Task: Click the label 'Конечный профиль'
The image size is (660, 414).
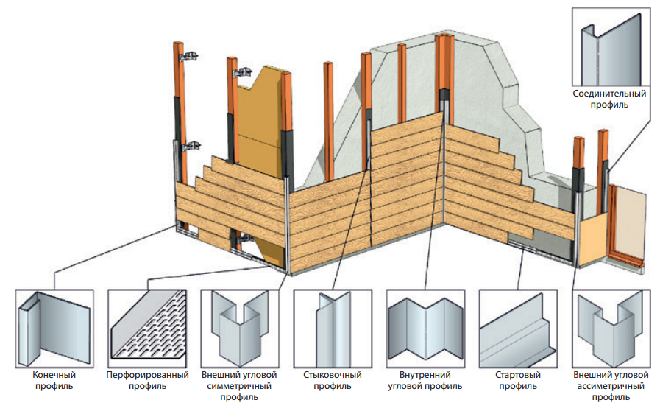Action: coord(54,380)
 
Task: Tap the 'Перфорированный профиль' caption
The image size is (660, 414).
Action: coord(147,380)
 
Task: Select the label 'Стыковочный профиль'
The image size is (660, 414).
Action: coord(332,380)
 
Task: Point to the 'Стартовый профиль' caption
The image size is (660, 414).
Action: coord(518,380)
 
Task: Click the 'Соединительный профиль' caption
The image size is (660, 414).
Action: coord(609,99)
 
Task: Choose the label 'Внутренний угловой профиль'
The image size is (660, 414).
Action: coord(425,380)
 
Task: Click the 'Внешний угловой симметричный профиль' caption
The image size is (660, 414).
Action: coord(239,386)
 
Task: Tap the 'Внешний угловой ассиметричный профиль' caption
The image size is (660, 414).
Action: coord(611,386)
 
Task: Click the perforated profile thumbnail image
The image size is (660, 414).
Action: coord(147,329)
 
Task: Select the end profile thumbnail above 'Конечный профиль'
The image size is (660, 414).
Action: coord(54,329)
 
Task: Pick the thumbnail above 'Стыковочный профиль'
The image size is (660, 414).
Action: coord(333,329)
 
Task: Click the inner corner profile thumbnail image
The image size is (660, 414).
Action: coord(425,329)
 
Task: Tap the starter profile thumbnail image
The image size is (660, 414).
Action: coord(518,329)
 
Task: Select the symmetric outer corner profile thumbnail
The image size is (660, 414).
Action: coord(240,329)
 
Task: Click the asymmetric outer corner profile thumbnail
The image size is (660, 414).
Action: coord(611,329)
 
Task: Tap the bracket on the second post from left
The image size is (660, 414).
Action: coord(243,73)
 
